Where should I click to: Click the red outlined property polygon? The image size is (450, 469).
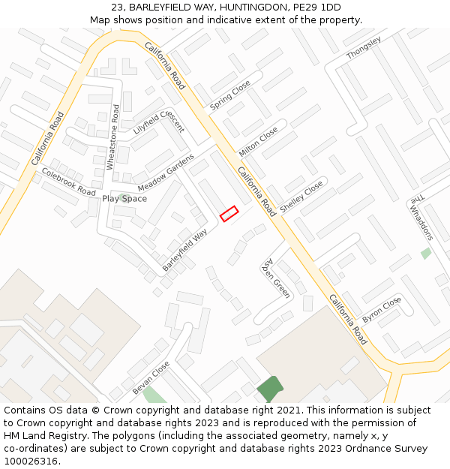(229, 213)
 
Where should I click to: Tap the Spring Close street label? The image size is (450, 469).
(230, 96)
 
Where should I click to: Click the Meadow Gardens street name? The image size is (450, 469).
(165, 173)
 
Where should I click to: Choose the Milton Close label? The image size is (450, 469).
(258, 142)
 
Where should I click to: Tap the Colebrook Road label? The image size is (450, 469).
(68, 182)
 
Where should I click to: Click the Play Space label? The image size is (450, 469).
(124, 199)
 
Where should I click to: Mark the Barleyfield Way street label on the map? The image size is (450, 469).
(184, 250)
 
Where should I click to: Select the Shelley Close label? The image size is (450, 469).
(301, 195)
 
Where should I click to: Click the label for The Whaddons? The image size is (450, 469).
(420, 218)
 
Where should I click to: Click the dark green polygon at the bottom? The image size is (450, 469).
(270, 389)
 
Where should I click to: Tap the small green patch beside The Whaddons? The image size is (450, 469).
(426, 253)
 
